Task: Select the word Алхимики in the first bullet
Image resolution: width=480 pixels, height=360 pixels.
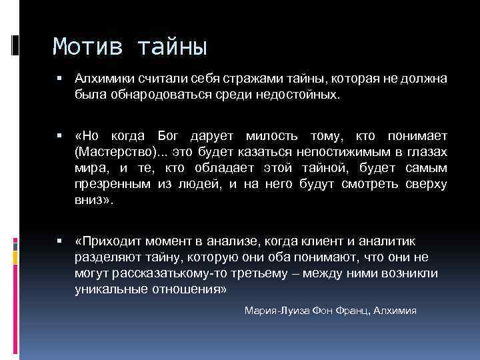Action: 101,79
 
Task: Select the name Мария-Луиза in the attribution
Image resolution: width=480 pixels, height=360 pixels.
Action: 271,311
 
